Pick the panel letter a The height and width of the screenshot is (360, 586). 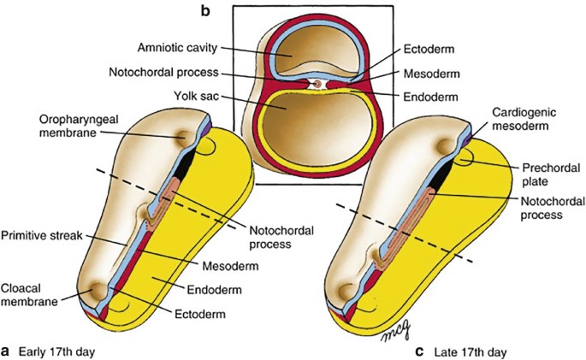click(9, 349)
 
